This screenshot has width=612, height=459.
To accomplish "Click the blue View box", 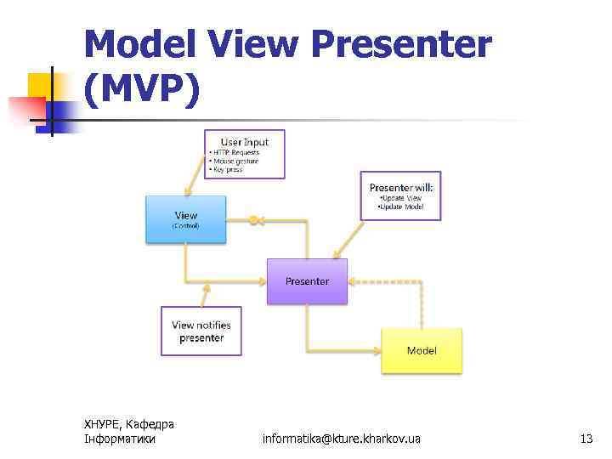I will (185, 219).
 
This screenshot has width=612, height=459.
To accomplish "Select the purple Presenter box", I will (307, 281).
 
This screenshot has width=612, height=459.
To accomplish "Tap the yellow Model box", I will (422, 350).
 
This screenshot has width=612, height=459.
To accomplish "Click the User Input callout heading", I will (244, 141).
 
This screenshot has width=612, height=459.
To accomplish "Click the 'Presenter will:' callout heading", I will (401, 187).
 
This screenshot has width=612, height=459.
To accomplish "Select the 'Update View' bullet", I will (400, 198).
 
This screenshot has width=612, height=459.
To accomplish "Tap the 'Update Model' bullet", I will (400, 207).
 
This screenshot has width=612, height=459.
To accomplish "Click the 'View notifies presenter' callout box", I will (201, 331).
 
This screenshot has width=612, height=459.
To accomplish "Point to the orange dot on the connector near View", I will (252, 220).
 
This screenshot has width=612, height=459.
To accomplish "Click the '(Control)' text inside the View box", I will (185, 226).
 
